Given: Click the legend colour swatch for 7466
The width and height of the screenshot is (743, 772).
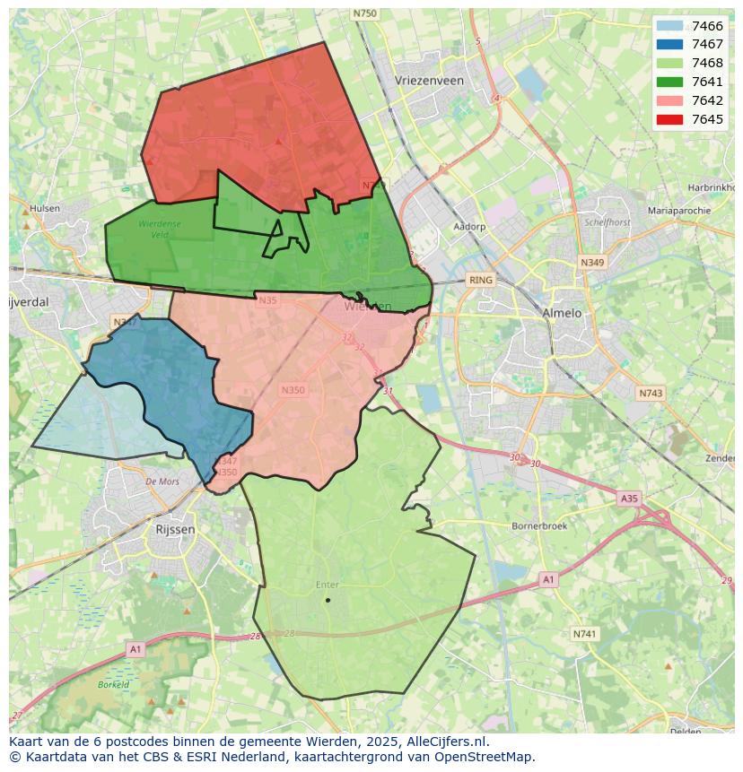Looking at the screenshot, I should [669, 26].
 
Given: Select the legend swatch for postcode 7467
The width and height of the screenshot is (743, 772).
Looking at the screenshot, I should [669, 45].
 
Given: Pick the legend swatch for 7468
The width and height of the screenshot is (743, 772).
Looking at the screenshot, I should [669, 64].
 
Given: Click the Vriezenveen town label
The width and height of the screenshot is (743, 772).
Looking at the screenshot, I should [429, 81].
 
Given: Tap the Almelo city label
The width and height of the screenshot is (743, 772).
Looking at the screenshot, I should [562, 314].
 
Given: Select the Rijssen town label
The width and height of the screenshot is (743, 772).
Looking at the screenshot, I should [175, 530].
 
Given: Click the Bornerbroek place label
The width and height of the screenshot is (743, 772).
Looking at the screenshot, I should [539, 526].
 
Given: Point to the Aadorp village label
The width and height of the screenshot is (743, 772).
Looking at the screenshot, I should [469, 227].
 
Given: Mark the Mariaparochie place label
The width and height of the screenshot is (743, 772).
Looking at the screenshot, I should [679, 211].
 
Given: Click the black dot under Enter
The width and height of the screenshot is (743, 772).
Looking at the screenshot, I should [328, 600].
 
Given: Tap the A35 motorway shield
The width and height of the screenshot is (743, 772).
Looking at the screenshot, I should [629, 498].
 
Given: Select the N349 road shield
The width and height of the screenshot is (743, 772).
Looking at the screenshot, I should [591, 263].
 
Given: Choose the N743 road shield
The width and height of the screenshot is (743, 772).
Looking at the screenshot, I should [651, 394].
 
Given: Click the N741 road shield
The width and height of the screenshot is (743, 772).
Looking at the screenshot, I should [584, 634].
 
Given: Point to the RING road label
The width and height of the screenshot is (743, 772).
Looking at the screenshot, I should [481, 281].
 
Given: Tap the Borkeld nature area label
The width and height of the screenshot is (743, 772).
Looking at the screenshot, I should [114, 684].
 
